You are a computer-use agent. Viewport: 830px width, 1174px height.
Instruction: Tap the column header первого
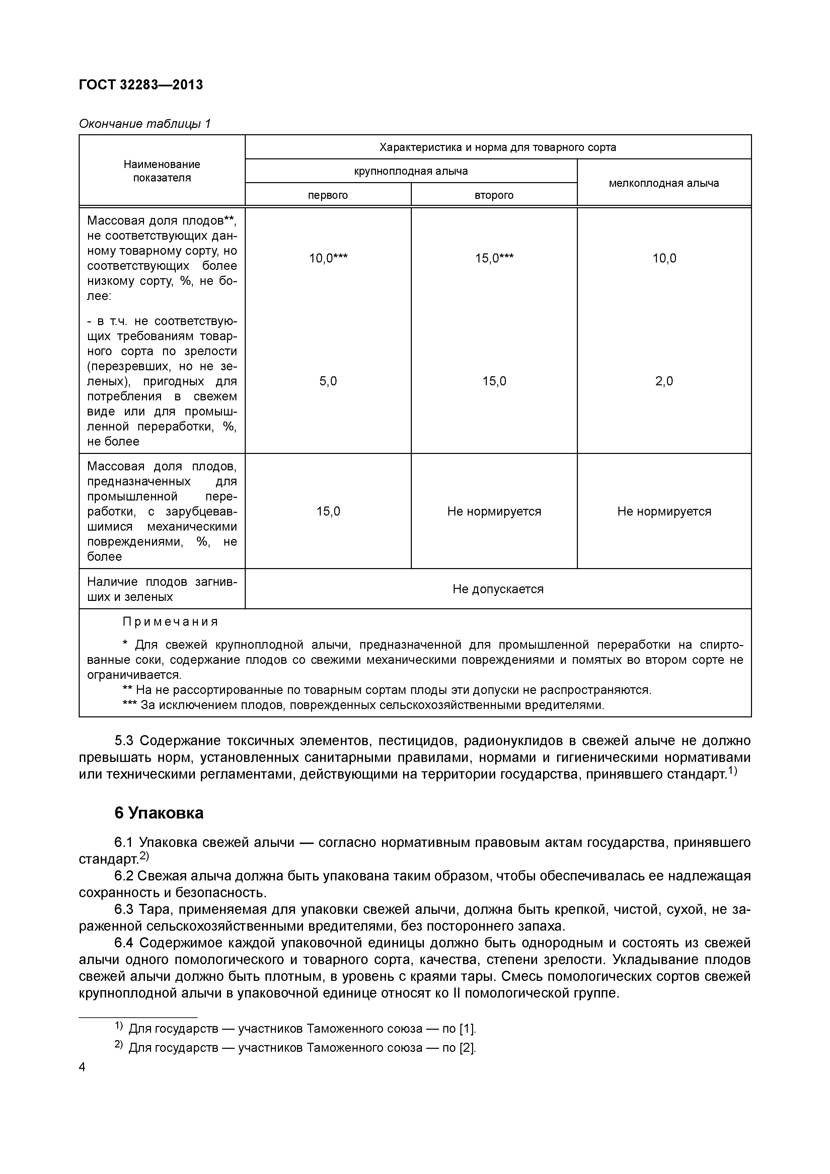pos(327,195)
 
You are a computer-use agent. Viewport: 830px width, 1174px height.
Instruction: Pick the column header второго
pos(494,195)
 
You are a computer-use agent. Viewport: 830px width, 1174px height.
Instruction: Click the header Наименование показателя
pos(162,171)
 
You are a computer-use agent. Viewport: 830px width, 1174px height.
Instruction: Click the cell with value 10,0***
pos(328,258)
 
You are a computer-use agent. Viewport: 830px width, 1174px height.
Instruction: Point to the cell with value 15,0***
pos(494,258)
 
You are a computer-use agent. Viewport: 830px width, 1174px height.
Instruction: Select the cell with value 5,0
pos(328,381)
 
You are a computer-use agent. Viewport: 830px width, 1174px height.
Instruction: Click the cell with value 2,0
pos(664,381)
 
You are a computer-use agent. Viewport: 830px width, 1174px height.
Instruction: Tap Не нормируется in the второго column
pos(494,511)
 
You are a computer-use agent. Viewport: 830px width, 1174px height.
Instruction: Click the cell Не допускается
pos(498,589)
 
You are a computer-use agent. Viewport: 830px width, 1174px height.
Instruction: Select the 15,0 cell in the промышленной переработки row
pos(328,511)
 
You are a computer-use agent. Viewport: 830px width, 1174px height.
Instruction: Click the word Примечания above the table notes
pos(170,622)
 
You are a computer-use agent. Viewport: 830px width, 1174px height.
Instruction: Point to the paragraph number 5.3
pos(124,741)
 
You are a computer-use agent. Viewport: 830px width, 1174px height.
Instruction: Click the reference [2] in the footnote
pos(467,1048)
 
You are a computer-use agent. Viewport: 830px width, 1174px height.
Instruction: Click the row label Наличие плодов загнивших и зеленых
pos(162,589)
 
